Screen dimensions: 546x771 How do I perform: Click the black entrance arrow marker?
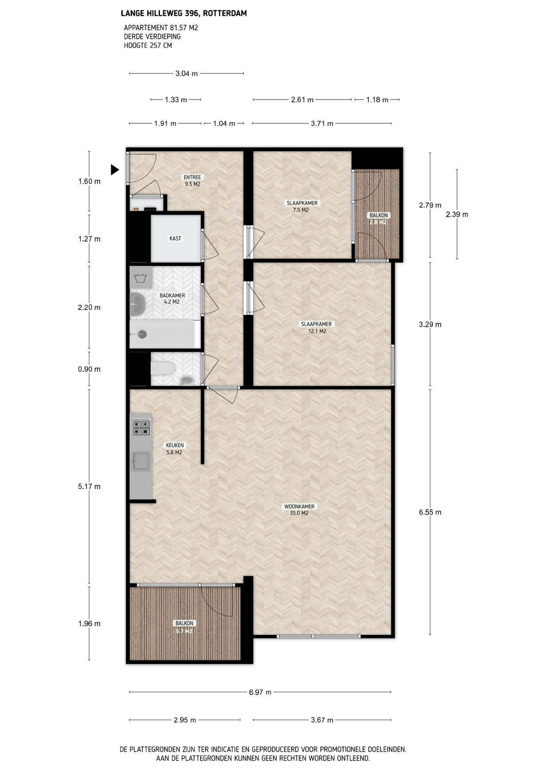115,170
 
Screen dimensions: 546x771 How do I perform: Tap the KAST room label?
175,239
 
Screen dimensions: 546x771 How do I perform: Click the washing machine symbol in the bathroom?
141,277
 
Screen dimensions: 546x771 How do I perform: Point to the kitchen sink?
141,461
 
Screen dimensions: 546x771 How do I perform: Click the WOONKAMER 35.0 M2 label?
299,510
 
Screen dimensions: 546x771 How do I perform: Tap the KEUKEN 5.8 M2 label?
174,449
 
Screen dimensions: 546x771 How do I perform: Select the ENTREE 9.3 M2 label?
192,181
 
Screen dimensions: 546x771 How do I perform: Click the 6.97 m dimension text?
260,692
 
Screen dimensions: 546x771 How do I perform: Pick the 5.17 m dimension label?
89,486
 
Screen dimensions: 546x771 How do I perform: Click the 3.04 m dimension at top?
187,73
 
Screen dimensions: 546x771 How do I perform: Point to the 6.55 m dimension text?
430,512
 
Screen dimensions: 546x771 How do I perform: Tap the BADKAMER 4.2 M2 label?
172,299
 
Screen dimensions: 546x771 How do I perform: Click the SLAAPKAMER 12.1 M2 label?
317,328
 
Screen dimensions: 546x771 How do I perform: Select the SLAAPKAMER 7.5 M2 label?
302,206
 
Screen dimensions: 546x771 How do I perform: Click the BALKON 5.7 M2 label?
184,627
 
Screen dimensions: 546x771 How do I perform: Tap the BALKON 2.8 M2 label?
378,219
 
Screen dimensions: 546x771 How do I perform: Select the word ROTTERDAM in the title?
225,13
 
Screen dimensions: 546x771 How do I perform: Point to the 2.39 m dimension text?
457,214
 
